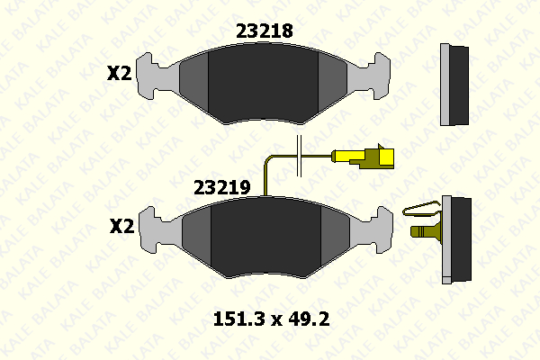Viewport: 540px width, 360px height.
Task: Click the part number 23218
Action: click(264, 31)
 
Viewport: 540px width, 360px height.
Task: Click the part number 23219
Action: click(222, 188)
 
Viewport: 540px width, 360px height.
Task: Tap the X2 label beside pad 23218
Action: click(119, 73)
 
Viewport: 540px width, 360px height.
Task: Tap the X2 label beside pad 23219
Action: click(121, 226)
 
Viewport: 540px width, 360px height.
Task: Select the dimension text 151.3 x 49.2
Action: click(272, 319)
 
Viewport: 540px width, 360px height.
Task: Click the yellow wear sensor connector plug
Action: click(363, 157)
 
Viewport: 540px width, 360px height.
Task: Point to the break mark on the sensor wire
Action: click(299, 156)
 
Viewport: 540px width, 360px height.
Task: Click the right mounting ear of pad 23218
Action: click(377, 76)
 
